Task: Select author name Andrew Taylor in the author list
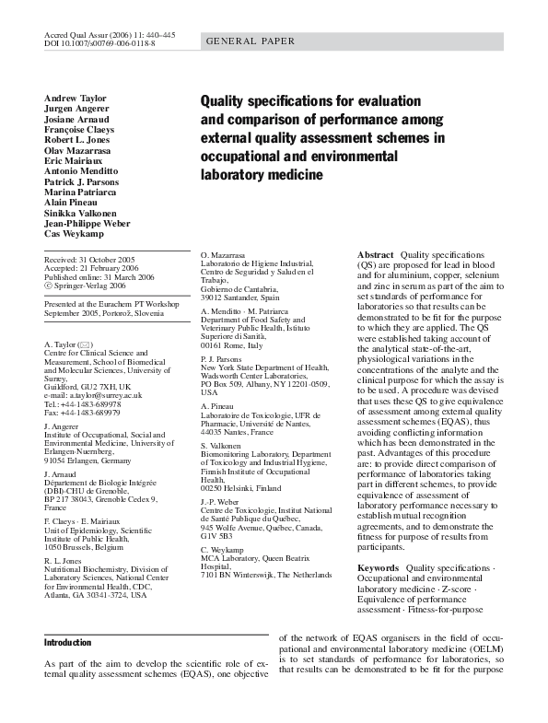pos(75,99)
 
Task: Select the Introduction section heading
pos(68,642)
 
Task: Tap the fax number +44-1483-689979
pos(85,411)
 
